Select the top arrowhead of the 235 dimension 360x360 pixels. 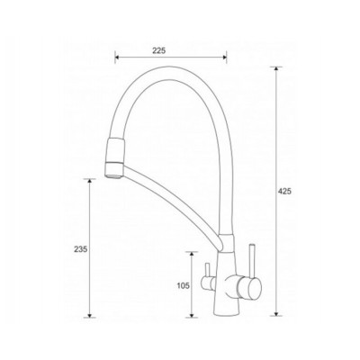click(x=89, y=180)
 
